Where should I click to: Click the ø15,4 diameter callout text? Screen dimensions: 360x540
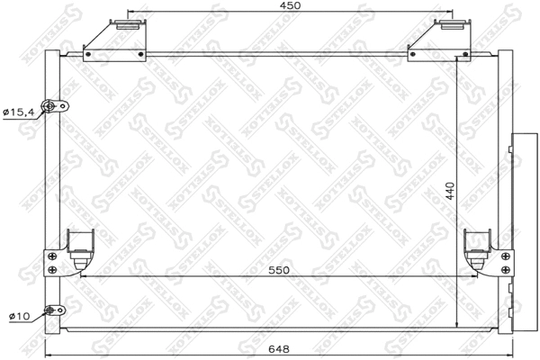tap(19, 112)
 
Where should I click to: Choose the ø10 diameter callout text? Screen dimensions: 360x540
tap(19, 316)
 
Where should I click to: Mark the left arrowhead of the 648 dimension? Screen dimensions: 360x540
tap(48, 352)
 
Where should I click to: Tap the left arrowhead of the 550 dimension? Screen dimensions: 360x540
tap(82, 276)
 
